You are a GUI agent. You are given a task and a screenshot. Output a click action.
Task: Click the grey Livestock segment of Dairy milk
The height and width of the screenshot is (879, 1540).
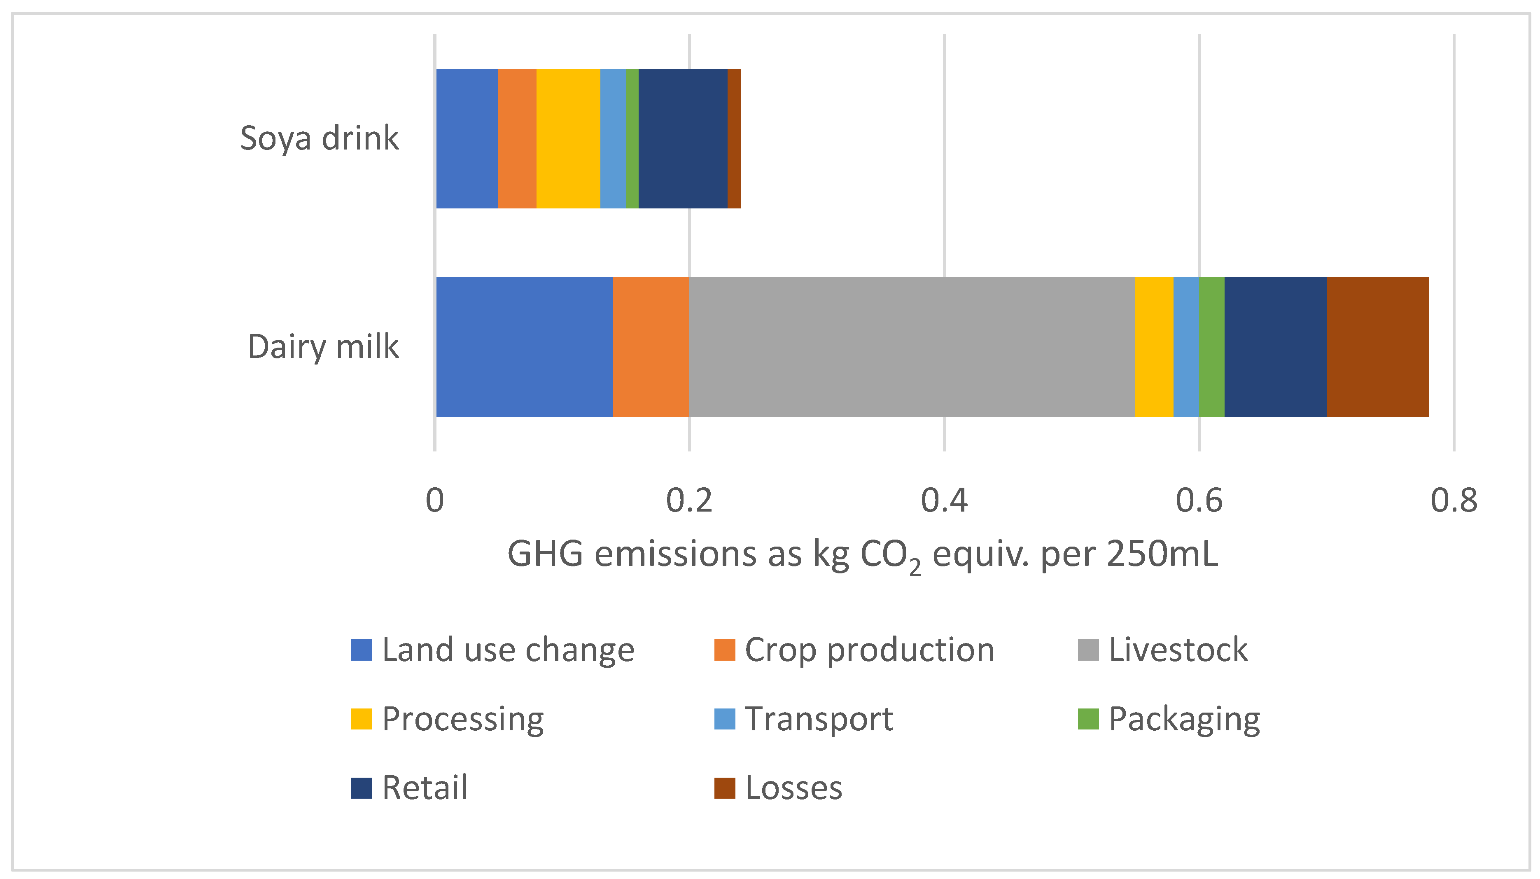click(911, 347)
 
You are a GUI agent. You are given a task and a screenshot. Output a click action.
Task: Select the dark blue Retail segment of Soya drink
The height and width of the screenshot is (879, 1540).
click(683, 138)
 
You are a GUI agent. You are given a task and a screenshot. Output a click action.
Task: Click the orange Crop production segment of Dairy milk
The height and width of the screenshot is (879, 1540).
click(651, 347)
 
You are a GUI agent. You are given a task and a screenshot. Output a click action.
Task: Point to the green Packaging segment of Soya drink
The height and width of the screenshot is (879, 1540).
click(632, 138)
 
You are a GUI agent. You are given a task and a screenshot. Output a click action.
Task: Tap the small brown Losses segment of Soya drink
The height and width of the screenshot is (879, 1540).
click(734, 138)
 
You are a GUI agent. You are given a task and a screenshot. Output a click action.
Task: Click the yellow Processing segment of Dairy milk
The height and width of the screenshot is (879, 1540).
click(1154, 347)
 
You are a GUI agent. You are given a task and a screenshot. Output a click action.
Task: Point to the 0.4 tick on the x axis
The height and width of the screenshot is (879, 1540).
click(944, 500)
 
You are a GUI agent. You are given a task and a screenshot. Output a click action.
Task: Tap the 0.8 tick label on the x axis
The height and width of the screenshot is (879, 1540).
click(1454, 500)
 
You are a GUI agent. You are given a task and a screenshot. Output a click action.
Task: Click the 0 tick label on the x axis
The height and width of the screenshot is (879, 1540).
click(434, 500)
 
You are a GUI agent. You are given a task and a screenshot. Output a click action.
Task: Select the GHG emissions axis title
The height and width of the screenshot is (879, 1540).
click(863, 554)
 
